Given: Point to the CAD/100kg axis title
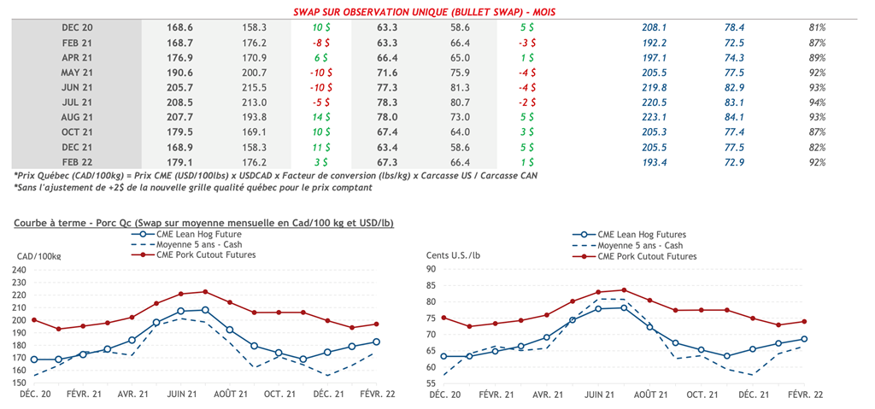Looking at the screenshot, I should tap(41, 256).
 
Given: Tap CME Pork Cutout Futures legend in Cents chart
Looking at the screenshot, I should tap(646, 256).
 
